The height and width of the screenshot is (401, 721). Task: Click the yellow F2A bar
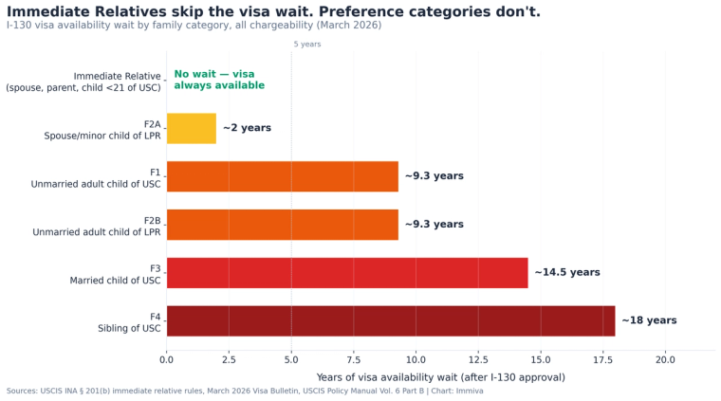pos(191,128)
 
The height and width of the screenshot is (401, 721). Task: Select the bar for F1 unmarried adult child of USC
pos(282,176)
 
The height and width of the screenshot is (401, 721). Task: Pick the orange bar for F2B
pos(282,225)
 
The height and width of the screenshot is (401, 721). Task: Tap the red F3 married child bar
pos(346,273)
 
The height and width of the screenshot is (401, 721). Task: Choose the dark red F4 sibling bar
pos(390,320)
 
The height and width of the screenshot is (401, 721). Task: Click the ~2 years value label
pos(247,128)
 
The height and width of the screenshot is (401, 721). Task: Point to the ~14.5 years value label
pos(566,273)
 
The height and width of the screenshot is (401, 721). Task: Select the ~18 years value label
pos(649,320)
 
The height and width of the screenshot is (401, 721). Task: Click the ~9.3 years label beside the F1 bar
pos(434,176)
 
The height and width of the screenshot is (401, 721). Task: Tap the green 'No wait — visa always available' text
pos(219,80)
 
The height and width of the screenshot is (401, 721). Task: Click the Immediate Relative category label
pos(83,82)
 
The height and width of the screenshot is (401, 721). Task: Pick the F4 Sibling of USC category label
pos(129,322)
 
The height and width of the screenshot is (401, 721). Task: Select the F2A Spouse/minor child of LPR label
pos(102,130)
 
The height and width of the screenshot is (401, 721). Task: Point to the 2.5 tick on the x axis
pos(229,359)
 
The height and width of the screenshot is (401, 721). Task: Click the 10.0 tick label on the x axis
pos(416,359)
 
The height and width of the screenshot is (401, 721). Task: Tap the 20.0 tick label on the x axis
pos(665,359)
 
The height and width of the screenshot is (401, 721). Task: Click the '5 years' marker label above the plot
pos(306,45)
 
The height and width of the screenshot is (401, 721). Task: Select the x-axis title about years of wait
pos(440,377)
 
